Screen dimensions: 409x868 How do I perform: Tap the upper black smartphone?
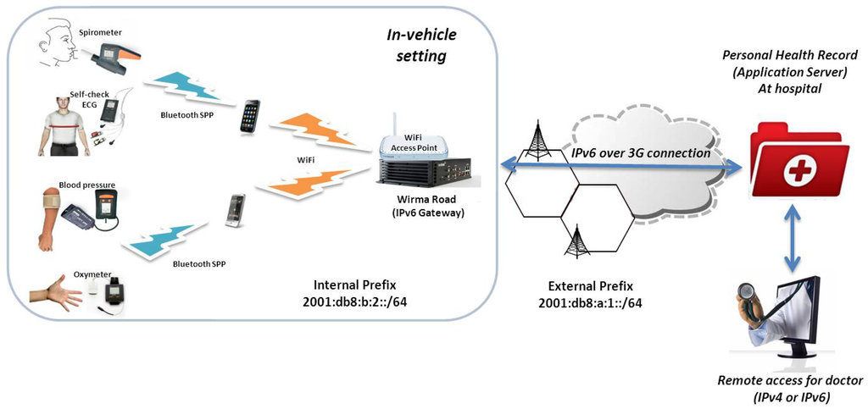(x=250, y=116)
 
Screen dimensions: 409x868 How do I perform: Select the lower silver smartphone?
(x=235, y=210)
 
